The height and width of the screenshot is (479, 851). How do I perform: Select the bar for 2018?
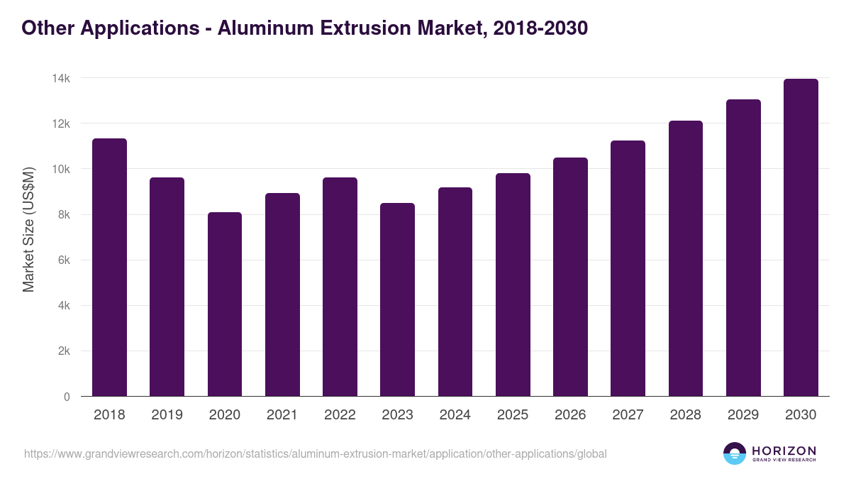pos(109,268)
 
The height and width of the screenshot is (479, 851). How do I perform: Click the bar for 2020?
pos(225,304)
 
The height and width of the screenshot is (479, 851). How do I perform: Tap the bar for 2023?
pos(397,299)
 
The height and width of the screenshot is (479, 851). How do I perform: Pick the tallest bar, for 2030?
pos(801,238)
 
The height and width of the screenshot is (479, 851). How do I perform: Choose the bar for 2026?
pos(570,277)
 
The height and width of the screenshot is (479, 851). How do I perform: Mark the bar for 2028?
pos(686,258)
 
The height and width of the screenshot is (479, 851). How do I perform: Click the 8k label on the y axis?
pos(63,215)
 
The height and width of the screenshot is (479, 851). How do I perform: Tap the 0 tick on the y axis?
pos(67,397)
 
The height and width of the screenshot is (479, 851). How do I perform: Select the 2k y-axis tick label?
pos(63,351)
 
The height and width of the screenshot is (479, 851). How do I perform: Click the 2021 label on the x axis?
pos(282,415)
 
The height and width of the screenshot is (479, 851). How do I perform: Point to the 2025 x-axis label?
pos(513,415)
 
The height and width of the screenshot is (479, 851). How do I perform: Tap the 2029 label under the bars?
pos(743,415)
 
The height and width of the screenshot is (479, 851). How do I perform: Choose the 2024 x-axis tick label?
pos(455,415)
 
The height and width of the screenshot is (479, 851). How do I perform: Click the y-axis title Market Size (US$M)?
pos(28,229)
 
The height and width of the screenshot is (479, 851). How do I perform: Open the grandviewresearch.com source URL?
pos(315,453)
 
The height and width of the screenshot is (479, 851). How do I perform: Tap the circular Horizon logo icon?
pos(735,453)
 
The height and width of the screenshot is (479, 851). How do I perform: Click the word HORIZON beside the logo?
pos(784,450)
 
